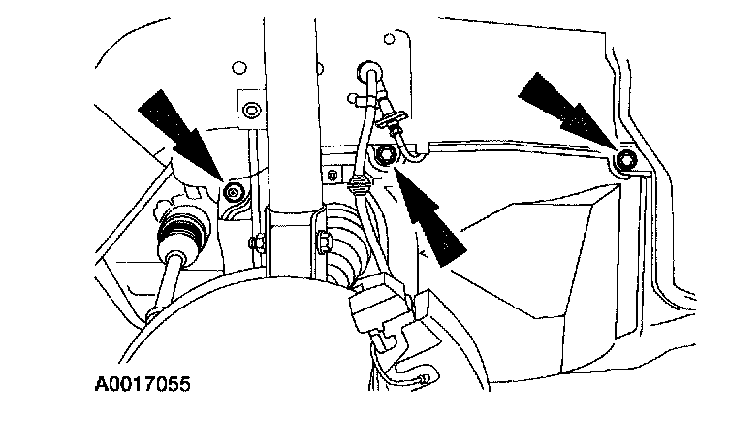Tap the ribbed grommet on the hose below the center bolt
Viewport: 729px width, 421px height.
tap(359, 183)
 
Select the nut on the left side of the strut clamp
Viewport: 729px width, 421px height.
tap(254, 241)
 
